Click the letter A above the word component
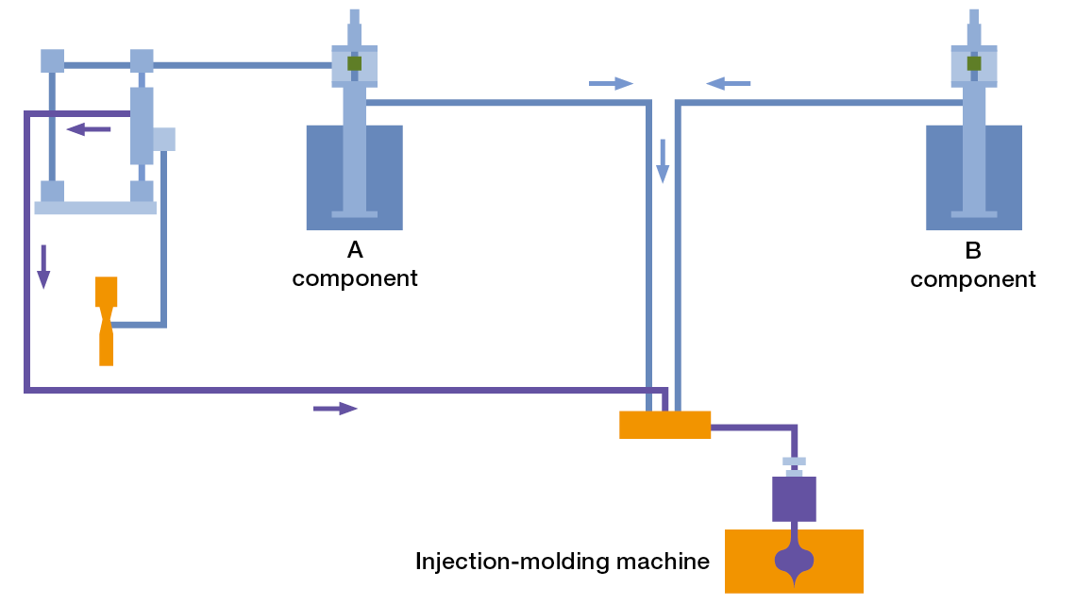(355, 250)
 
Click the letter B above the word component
(973, 251)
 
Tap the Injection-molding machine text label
(562, 562)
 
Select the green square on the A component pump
(355, 63)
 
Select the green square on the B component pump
(974, 63)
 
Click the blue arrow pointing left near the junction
(728, 84)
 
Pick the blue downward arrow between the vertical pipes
(663, 160)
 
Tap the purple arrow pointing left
(89, 129)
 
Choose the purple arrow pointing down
(42, 266)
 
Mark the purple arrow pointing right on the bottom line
(335, 408)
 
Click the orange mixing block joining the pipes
(664, 425)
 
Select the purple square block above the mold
(794, 499)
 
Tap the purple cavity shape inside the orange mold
(794, 563)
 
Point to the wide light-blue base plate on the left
(95, 208)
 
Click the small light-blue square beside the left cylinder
(164, 139)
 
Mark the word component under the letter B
(973, 279)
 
